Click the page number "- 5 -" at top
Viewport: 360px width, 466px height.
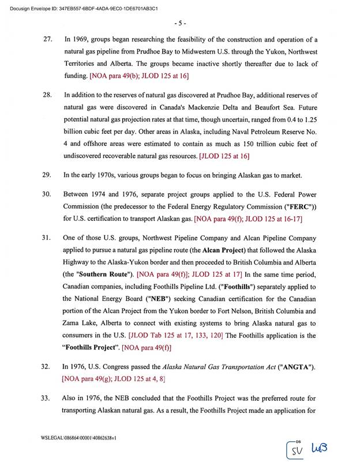179,23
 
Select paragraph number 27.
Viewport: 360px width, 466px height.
48,39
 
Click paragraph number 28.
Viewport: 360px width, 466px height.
48,95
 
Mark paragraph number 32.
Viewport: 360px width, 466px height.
48,367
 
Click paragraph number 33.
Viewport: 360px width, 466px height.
48,399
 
